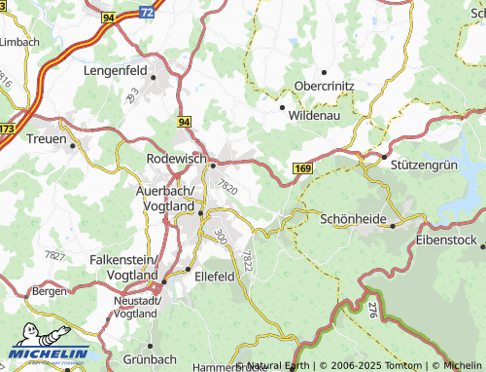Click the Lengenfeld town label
click(115, 72)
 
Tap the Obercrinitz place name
click(324, 85)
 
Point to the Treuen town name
click(45, 138)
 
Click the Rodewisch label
click(175, 158)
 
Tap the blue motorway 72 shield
click(146, 12)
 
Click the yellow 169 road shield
click(302, 169)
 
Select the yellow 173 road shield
click(7, 128)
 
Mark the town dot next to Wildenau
click(282, 107)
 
